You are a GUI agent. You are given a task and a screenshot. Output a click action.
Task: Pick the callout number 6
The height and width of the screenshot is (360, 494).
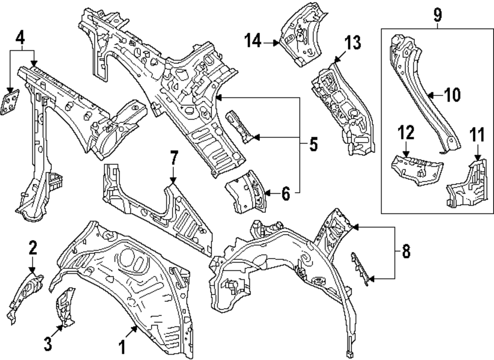tap(286, 195)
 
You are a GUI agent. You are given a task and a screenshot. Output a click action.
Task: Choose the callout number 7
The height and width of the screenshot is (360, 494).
tap(173, 160)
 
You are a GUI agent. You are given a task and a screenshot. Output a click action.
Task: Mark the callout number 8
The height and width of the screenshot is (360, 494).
tap(406, 251)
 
